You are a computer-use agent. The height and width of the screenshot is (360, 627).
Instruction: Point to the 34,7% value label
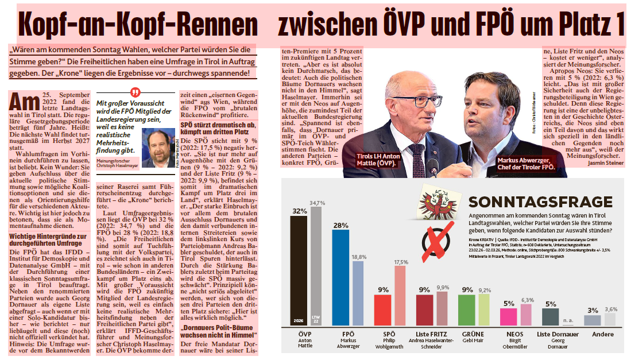pos(318,203)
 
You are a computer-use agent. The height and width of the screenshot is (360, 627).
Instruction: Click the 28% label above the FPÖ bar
pos(340,224)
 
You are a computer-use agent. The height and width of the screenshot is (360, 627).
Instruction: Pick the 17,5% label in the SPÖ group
pos(400,262)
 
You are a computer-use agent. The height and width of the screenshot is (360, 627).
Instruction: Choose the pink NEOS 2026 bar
pos(508,317)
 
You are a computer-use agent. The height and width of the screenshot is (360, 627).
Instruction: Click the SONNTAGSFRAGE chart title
pos(540,202)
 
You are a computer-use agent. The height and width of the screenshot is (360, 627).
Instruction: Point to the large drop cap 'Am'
pos(24,101)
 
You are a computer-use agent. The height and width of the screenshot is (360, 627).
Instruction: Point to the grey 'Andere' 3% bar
pos(592,320)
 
